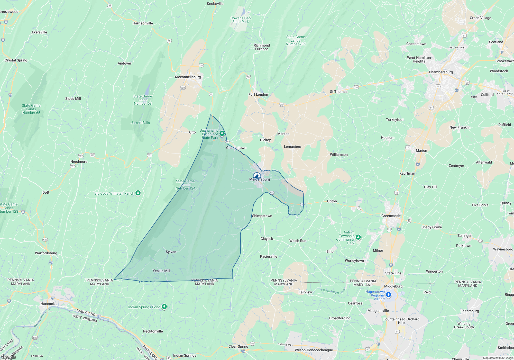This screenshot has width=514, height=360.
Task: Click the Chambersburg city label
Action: (441, 72)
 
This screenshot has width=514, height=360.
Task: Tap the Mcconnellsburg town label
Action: (188, 77)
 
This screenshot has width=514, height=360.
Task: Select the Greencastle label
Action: (391, 216)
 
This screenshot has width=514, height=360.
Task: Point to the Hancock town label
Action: (48, 304)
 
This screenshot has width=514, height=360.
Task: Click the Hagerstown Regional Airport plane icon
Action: (389, 295)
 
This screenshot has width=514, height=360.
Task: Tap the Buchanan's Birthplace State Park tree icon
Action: (222, 133)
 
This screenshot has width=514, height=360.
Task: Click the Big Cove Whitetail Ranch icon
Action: (138, 193)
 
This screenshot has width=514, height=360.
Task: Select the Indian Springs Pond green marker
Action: (164, 307)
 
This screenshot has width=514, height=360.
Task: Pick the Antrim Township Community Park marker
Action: (358, 237)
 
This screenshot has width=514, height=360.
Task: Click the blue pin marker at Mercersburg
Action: (257, 176)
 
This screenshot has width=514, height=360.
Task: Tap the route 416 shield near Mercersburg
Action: (272, 193)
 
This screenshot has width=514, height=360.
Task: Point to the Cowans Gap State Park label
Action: (240, 20)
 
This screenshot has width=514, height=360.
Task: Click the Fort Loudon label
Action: (258, 95)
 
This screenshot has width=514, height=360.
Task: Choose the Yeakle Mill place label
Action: (161, 271)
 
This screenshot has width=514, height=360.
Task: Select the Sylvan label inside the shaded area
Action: (171, 252)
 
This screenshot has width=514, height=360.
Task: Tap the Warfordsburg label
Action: (46, 253)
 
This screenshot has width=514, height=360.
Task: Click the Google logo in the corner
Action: (8, 357)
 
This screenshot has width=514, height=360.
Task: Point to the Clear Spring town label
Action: (238, 347)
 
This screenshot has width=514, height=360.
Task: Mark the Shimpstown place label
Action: (262, 216)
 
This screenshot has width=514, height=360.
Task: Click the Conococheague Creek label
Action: (333, 291)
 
